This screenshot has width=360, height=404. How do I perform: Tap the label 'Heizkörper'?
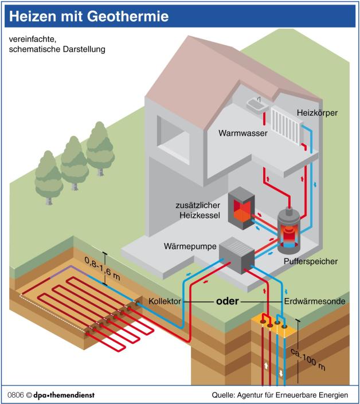coord(317,113)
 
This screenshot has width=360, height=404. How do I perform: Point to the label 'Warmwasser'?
coord(243,134)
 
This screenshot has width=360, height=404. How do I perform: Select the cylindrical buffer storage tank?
coord(291,230)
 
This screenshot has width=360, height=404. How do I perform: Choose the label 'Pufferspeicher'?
coord(310,261)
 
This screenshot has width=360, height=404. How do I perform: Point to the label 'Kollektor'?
coord(166,301)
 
